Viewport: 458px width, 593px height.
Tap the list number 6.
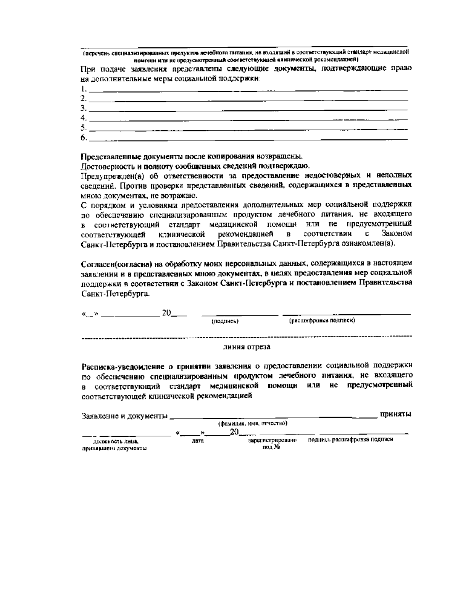pyautogui.click(x=84, y=137)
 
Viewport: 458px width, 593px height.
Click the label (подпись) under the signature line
pyautogui.click(x=225, y=322)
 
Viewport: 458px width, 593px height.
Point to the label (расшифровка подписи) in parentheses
pyautogui.click(x=322, y=321)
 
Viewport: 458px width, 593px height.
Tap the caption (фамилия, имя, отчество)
pyautogui.click(x=252, y=423)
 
